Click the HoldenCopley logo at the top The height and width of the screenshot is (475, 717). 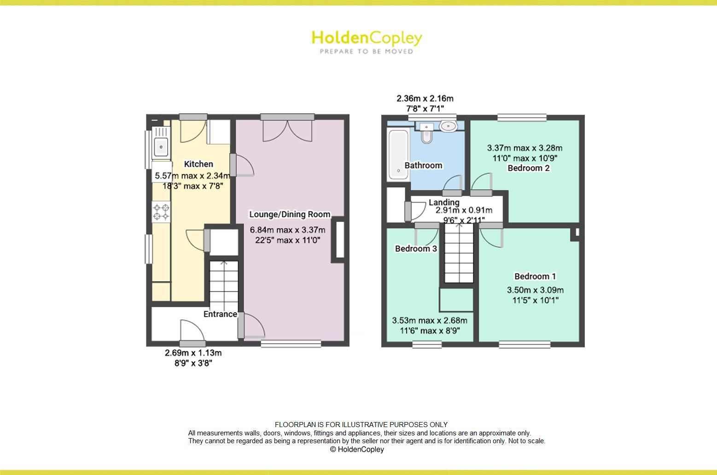click(x=367, y=41)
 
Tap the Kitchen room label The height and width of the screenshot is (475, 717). click(x=198, y=164)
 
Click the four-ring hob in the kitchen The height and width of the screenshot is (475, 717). click(x=161, y=212)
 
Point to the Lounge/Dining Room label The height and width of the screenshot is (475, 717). click(x=290, y=214)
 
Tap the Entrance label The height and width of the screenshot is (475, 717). click(x=220, y=314)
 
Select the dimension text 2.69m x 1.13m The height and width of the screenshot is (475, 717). click(x=193, y=353)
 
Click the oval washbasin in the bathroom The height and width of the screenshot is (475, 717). click(x=448, y=125)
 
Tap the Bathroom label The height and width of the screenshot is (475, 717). click(x=423, y=165)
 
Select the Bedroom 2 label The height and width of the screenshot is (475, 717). click(x=528, y=168)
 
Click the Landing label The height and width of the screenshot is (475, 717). click(x=444, y=202)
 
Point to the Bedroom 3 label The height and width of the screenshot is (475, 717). click(x=416, y=249)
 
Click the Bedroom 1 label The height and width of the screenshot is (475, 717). click(x=535, y=276)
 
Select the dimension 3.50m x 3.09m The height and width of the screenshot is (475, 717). click(x=535, y=290)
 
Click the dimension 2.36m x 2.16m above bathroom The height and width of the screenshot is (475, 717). click(x=425, y=99)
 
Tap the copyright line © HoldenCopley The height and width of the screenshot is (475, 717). click(x=357, y=449)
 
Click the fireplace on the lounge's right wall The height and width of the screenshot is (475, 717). click(x=340, y=240)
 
